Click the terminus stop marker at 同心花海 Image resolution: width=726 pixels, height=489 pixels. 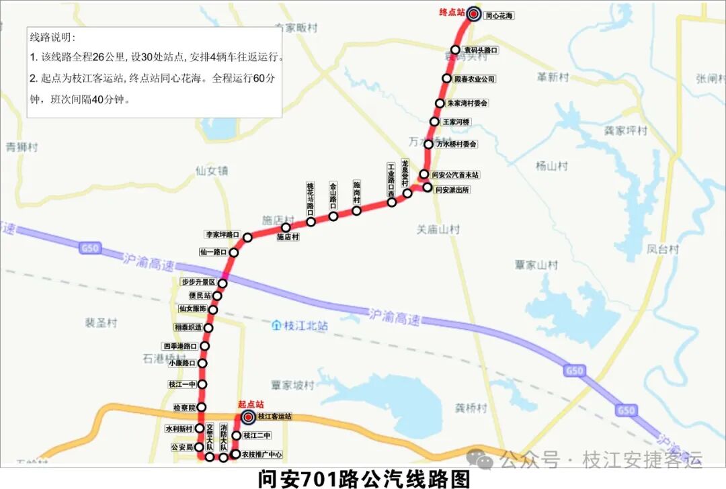[x=474, y=14]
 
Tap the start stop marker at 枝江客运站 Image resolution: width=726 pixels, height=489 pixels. [x=247, y=416]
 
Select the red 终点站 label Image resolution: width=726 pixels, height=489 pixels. [x=452, y=12]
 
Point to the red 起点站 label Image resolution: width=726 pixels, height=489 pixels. [x=251, y=404]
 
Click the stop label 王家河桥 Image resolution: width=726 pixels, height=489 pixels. [x=456, y=122]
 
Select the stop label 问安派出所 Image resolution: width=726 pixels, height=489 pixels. [x=453, y=190]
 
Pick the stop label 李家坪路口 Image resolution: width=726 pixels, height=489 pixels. [x=223, y=234]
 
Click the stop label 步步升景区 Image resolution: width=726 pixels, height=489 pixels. [x=198, y=282]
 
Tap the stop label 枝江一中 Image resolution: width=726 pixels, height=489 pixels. [x=183, y=384]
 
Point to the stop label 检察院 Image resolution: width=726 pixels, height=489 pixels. [x=184, y=408]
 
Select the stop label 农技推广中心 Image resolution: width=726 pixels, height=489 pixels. [x=262, y=455]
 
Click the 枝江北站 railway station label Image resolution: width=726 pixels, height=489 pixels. [x=305, y=326]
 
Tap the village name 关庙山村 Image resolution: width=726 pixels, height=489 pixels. [x=438, y=230]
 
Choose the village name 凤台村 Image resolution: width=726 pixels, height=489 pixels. [x=663, y=249]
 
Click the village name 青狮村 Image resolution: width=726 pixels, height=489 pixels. [x=22, y=147]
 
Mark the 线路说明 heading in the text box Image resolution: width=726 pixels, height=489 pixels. [x=53, y=38]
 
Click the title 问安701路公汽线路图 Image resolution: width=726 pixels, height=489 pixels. [x=363, y=478]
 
